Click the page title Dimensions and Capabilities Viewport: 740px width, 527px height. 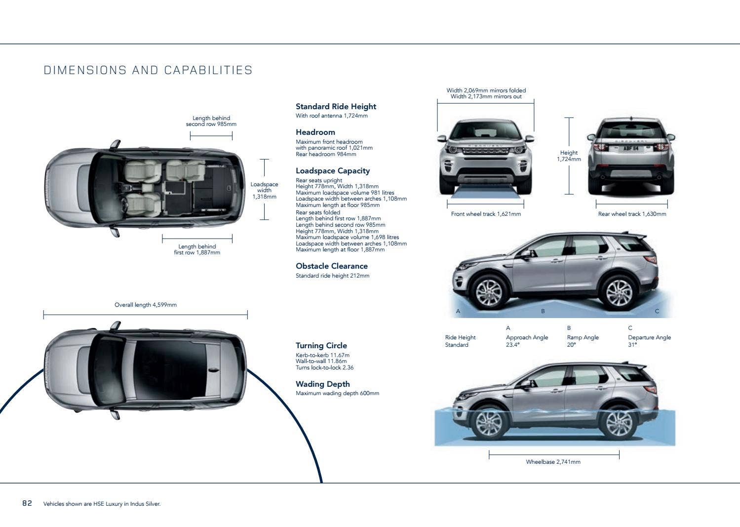(x=148, y=70)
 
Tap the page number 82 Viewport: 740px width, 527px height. (x=27, y=503)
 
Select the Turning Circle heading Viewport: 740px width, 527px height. (x=321, y=346)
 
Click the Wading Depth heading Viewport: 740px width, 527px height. (x=322, y=384)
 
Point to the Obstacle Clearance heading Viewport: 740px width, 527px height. (x=331, y=266)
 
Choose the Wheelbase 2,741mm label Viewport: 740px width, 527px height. (x=553, y=462)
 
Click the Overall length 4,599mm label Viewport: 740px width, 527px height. (x=145, y=305)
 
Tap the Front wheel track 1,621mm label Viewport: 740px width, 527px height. (x=486, y=214)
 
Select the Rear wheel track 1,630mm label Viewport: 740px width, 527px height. (x=632, y=214)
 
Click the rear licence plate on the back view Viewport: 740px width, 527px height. (x=630, y=148)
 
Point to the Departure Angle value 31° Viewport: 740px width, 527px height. (x=632, y=345)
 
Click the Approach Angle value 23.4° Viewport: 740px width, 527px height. (x=512, y=345)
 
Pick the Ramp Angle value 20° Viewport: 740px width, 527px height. (x=571, y=345)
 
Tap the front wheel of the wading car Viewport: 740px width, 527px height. (x=489, y=423)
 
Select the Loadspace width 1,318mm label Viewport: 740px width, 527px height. (x=264, y=190)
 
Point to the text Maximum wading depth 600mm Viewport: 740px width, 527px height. (x=337, y=393)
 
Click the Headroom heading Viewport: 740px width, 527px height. (x=315, y=132)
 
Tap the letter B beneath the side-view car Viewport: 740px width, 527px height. (x=543, y=311)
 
